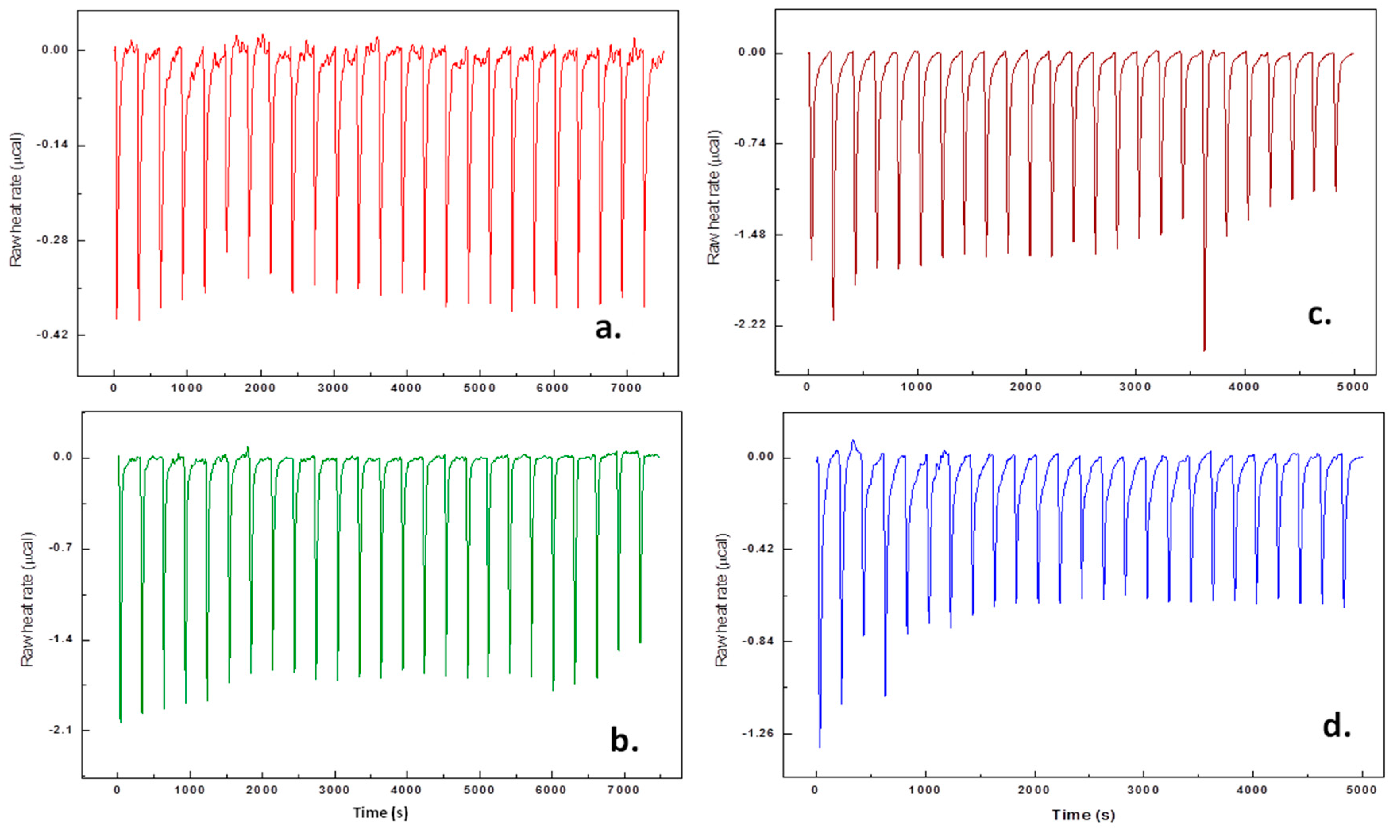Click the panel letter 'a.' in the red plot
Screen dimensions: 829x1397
point(608,329)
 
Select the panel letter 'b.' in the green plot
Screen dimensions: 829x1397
point(624,741)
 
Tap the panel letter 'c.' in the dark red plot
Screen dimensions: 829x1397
point(1319,315)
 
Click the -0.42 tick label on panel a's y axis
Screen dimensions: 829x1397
point(52,335)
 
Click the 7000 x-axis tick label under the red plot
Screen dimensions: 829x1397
point(625,388)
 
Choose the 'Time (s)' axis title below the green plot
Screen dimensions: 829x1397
point(380,813)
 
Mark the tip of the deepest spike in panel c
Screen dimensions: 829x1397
point(1204,350)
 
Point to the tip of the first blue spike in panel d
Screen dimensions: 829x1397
point(820,747)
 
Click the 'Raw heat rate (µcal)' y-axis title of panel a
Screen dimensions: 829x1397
point(17,200)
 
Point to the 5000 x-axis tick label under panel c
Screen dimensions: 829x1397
point(1353,387)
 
